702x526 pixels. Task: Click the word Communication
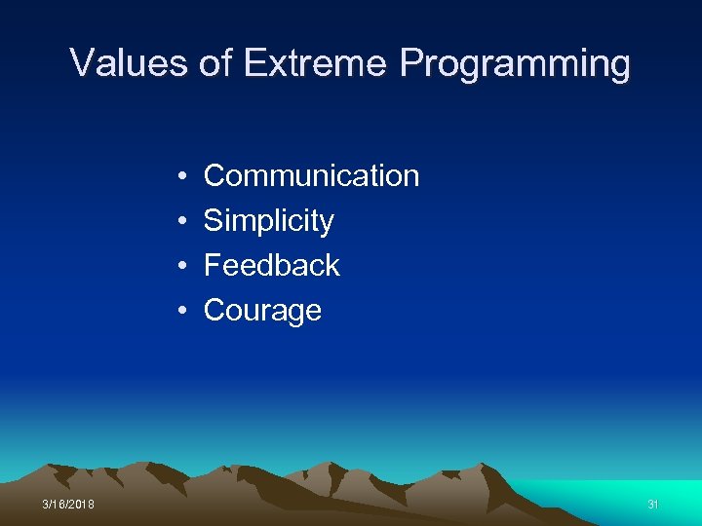point(311,176)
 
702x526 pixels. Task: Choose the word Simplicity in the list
point(268,222)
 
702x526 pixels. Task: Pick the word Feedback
point(271,265)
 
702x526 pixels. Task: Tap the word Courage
point(262,311)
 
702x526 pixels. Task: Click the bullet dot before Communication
point(183,177)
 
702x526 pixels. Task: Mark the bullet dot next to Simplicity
point(183,222)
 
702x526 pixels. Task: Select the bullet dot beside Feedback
point(183,266)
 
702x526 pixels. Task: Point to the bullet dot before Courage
point(183,311)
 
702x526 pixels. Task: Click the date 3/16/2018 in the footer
point(68,505)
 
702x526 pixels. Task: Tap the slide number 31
point(653,505)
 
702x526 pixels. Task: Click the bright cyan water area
point(624,492)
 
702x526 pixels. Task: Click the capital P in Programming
point(410,63)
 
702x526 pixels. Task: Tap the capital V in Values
point(82,63)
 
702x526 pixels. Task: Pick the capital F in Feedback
point(212,265)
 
